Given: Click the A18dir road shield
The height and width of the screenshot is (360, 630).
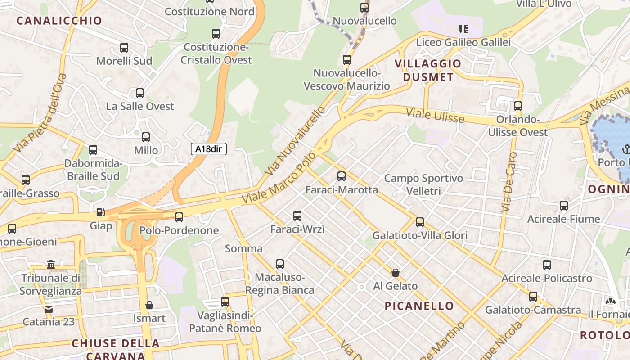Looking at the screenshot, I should click(208, 149).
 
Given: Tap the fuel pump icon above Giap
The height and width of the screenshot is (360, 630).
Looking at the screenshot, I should click(100, 212).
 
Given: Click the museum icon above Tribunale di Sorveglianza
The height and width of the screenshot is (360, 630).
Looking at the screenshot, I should click(51, 264).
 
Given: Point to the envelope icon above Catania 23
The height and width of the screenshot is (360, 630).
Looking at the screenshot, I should click(48, 309).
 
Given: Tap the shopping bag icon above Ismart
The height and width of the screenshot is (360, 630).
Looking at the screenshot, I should click(149, 305).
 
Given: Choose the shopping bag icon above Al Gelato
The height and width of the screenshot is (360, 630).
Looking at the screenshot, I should click(396, 273).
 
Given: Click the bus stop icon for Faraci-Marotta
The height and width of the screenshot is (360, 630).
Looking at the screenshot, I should click(342, 176).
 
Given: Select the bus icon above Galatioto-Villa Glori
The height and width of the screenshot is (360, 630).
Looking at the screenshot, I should click(420, 222).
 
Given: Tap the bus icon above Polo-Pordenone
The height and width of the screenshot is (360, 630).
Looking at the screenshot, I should click(179, 217).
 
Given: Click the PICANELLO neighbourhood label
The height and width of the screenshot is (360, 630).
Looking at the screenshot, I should click(419, 306).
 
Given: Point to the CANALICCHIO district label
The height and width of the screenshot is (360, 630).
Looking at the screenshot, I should click(59, 20).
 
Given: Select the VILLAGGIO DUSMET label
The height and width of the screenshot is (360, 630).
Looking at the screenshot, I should click(428, 70).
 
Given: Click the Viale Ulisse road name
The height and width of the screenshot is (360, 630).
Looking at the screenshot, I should click(435, 115).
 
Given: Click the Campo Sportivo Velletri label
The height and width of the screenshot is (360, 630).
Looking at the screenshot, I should click(423, 184).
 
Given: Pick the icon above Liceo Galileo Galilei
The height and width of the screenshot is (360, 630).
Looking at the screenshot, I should click(463, 30).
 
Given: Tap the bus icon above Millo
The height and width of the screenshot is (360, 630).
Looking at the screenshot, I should click(146, 137).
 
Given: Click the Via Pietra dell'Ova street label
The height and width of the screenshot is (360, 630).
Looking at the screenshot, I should click(40, 112).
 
